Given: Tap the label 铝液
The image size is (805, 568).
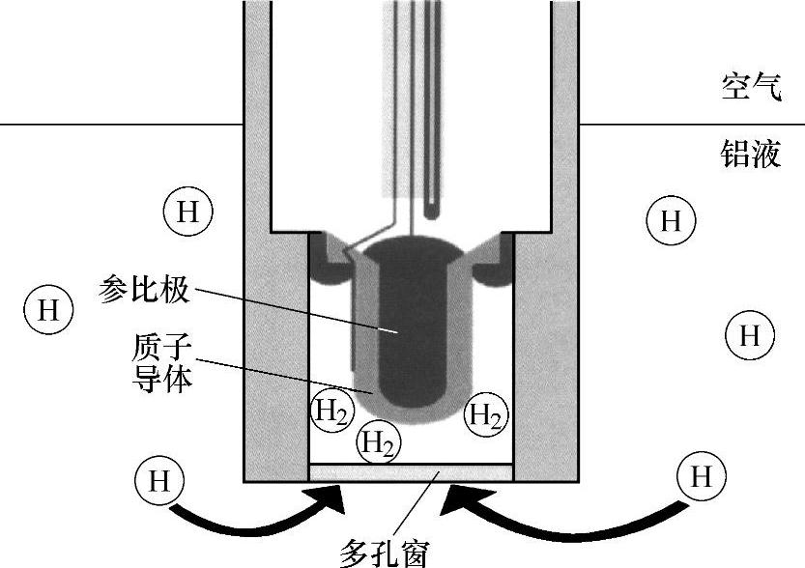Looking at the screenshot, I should coord(750,154).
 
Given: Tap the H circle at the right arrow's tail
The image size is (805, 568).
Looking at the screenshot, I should coord(703,476).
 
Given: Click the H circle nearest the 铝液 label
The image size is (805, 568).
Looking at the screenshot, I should coord(670,221).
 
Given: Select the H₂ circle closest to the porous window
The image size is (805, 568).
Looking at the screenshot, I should coord(378,443).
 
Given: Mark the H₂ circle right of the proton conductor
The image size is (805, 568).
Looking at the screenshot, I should coord(485,415).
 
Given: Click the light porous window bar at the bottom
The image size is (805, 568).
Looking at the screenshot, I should coord(410,473).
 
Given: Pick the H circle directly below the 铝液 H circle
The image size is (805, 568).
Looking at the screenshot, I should coord(749,335).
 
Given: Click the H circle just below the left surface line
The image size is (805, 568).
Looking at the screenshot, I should coord(187,212).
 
